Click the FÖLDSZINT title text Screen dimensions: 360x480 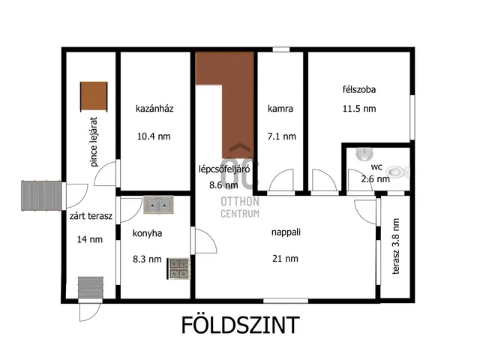(240, 325)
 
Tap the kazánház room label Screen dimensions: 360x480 (154, 109)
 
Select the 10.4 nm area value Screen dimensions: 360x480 (154, 136)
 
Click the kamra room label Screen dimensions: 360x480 (280, 109)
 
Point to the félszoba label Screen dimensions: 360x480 (358, 89)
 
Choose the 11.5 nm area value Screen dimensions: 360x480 (358, 109)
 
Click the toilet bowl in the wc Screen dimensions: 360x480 (400, 171)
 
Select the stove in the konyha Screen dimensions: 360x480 (178, 268)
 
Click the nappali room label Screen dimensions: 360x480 (286, 232)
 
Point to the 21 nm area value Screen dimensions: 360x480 (286, 259)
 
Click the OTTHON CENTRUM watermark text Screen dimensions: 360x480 (240, 207)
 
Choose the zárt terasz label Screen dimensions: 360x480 (90, 217)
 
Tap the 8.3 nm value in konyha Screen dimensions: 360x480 (147, 259)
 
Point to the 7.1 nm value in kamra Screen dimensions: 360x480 (282, 136)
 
